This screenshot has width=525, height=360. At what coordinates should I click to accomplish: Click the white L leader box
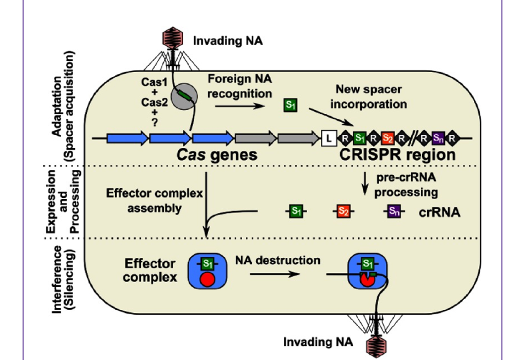[329, 139]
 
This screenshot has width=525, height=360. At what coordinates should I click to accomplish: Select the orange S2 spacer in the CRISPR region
[387, 139]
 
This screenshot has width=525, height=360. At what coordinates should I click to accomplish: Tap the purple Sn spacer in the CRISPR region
[437, 139]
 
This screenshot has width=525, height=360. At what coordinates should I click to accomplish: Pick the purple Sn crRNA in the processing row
[393, 211]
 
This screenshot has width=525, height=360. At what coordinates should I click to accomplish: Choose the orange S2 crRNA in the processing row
[343, 211]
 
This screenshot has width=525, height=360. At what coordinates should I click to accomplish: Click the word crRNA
[439, 212]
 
